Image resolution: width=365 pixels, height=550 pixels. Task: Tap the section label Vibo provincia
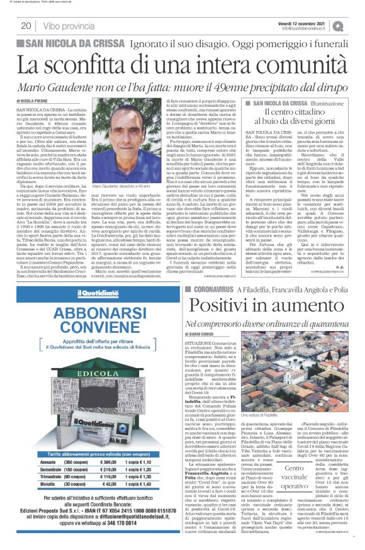tap(70, 26)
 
